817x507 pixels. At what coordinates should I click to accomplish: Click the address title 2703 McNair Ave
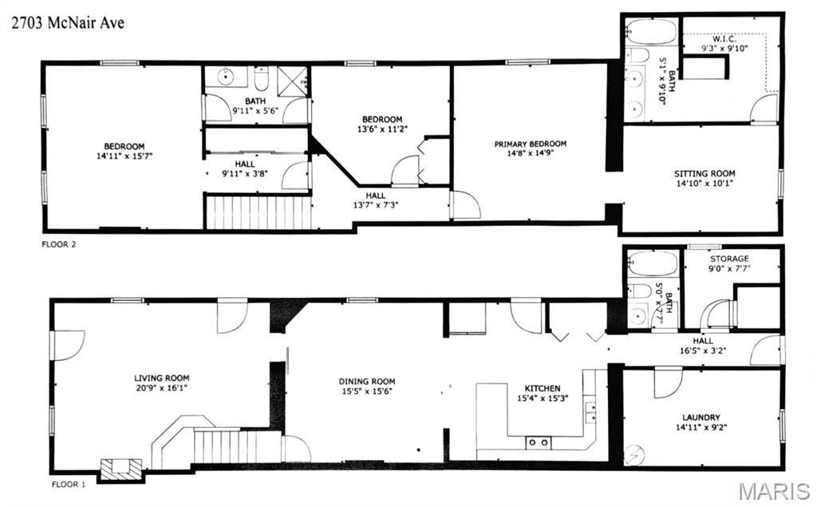tap(68, 22)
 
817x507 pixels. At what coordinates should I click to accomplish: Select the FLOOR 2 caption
tap(59, 244)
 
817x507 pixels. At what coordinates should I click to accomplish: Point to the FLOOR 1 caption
tap(69, 484)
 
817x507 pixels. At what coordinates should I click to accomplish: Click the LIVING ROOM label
tap(161, 378)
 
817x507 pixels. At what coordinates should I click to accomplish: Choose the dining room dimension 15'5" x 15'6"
tap(367, 391)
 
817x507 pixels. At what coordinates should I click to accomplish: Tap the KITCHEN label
tap(542, 388)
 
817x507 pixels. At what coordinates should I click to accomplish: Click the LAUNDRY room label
tap(701, 418)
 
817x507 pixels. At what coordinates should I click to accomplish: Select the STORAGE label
tap(729, 259)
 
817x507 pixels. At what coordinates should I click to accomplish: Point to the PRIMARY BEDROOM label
tap(530, 144)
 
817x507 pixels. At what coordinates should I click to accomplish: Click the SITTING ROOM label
tap(705, 174)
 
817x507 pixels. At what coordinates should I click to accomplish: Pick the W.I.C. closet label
tap(724, 39)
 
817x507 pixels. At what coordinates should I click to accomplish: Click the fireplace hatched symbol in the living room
tap(121, 469)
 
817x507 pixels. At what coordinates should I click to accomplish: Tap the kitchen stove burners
tap(539, 442)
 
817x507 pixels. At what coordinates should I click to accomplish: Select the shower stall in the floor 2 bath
tap(292, 81)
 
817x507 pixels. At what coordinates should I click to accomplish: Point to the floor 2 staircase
tap(259, 212)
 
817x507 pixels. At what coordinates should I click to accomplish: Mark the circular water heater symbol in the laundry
tap(634, 455)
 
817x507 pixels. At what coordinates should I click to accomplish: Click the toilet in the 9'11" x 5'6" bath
tap(261, 79)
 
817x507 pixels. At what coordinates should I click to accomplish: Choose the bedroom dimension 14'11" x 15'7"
tap(124, 156)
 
